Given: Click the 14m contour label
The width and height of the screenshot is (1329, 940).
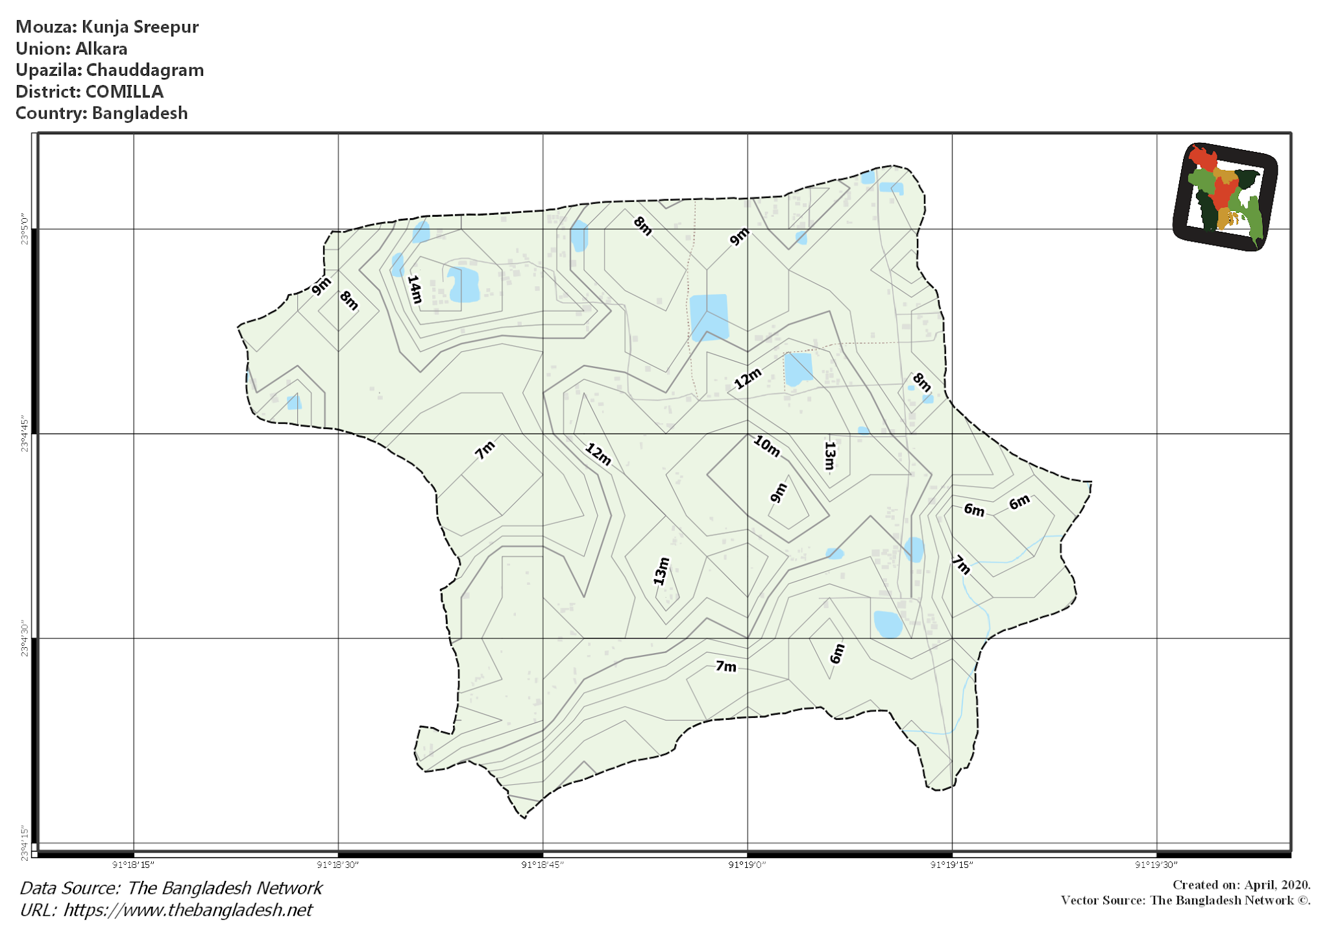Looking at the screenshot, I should (x=415, y=290).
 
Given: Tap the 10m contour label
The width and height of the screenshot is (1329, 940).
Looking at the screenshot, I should (x=766, y=446).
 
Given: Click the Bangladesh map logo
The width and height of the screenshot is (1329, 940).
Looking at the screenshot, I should (x=1225, y=197).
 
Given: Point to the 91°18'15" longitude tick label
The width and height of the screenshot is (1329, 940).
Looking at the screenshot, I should (x=133, y=865).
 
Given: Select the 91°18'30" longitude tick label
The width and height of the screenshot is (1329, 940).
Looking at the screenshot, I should (x=337, y=865).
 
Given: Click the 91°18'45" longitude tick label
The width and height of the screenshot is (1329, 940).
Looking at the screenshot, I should (x=543, y=865).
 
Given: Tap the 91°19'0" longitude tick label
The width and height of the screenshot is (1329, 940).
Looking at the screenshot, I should (x=747, y=865).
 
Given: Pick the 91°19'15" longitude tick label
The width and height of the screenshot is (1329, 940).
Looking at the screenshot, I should (x=951, y=865).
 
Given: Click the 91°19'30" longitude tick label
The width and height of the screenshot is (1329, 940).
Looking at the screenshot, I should (x=1156, y=865).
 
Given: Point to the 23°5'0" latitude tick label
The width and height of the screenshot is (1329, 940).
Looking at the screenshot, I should (x=25, y=229).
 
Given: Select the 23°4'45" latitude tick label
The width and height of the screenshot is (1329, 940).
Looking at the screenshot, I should (x=25, y=434).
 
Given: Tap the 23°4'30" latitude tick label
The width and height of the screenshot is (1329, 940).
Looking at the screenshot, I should (x=25, y=639).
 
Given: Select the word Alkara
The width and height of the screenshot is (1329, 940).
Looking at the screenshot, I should (x=101, y=49).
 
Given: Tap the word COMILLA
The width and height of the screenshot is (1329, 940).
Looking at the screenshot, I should (x=125, y=92).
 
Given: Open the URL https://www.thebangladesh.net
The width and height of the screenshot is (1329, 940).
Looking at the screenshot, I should (x=188, y=910).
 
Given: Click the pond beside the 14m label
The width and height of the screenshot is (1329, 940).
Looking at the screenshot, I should (x=463, y=284).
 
